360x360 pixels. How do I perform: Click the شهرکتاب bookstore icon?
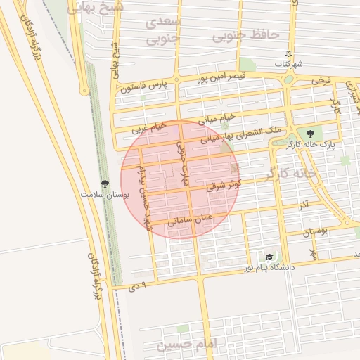[x=288, y=53]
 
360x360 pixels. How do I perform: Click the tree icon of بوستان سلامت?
[x=104, y=183]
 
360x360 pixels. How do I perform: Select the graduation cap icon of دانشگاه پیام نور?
[x=269, y=257]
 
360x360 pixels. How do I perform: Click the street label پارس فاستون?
[x=146, y=87]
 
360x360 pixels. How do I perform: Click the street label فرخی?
[x=321, y=81]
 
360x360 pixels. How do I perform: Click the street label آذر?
[x=303, y=205]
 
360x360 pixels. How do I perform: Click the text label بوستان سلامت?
[x=105, y=193]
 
